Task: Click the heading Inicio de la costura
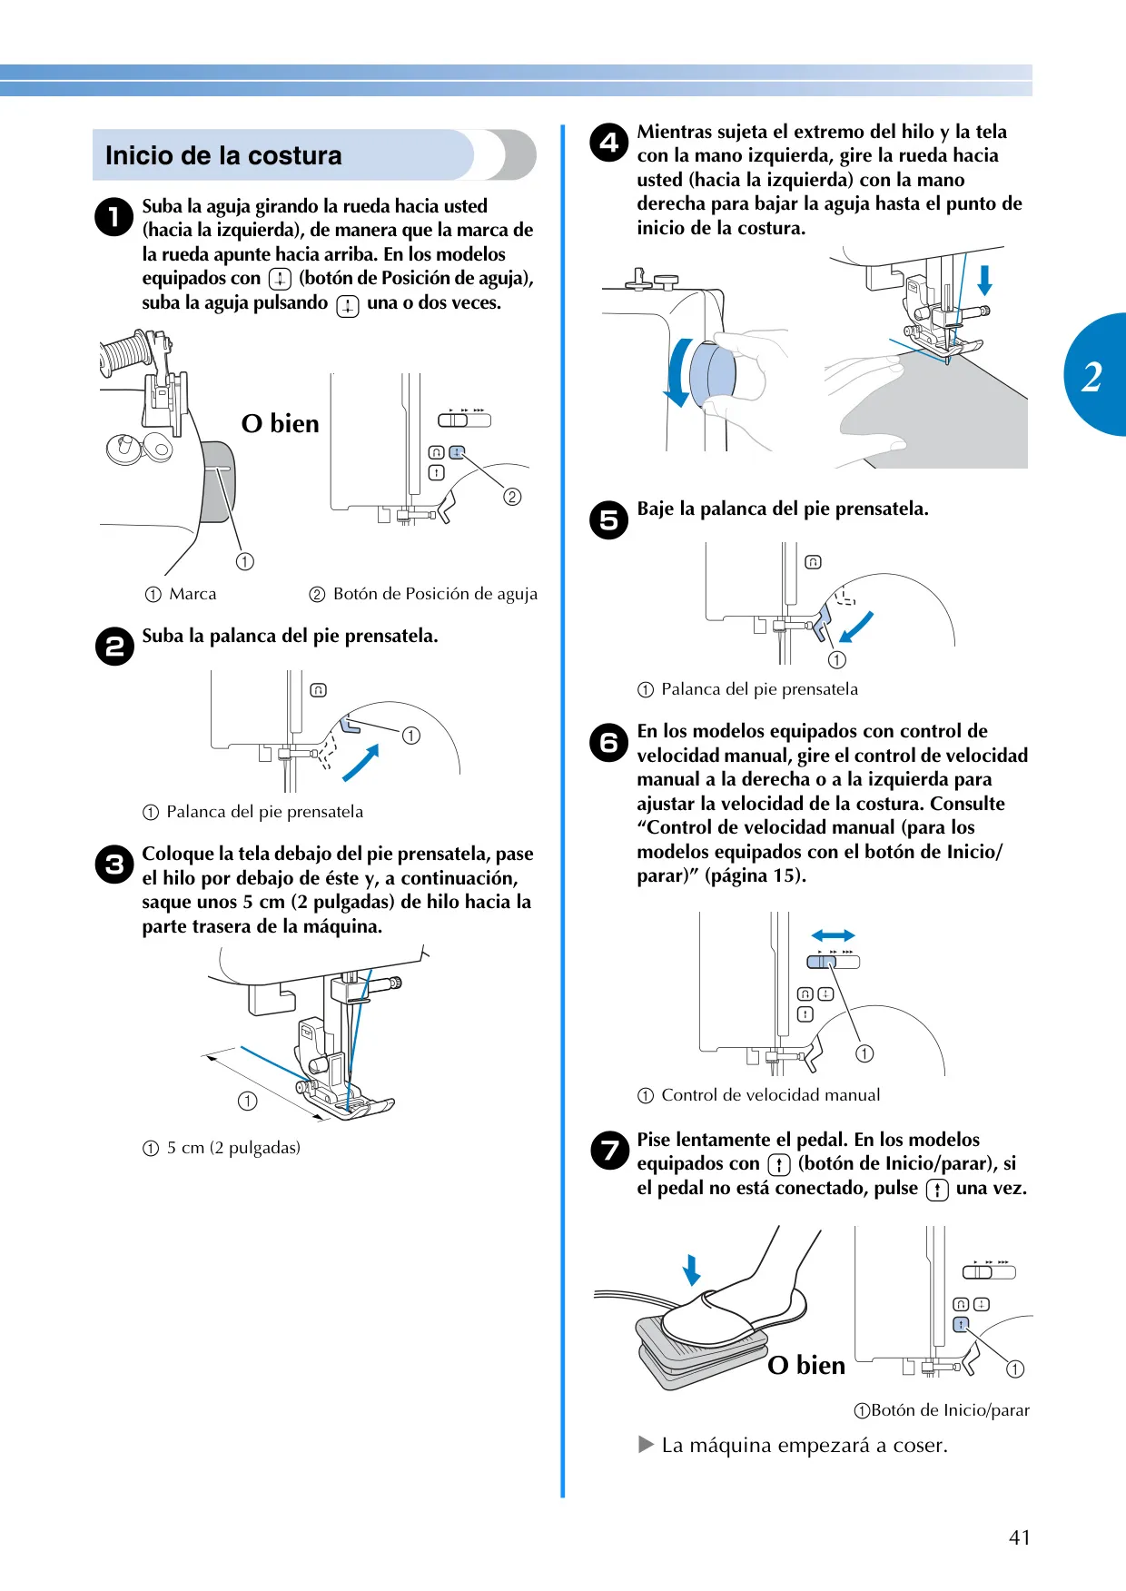click(223, 155)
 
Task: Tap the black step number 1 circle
click(114, 217)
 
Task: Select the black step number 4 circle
click(608, 143)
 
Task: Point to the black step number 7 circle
click(609, 1151)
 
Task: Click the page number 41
click(1020, 1537)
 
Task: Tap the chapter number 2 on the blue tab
click(1091, 376)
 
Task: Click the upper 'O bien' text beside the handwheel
click(280, 423)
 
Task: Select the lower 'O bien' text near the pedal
click(806, 1365)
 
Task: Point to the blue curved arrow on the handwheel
click(676, 374)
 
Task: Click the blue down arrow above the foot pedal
click(691, 1270)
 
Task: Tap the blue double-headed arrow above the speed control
click(833, 935)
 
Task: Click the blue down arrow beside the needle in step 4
click(984, 280)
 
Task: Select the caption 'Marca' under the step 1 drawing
click(193, 594)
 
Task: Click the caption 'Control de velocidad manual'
click(771, 1095)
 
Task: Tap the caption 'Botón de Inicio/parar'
click(950, 1410)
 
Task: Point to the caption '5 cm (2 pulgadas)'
click(233, 1148)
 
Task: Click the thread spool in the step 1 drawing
click(125, 353)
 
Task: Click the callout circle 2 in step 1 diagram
click(513, 497)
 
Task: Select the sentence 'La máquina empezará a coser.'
click(805, 1445)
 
